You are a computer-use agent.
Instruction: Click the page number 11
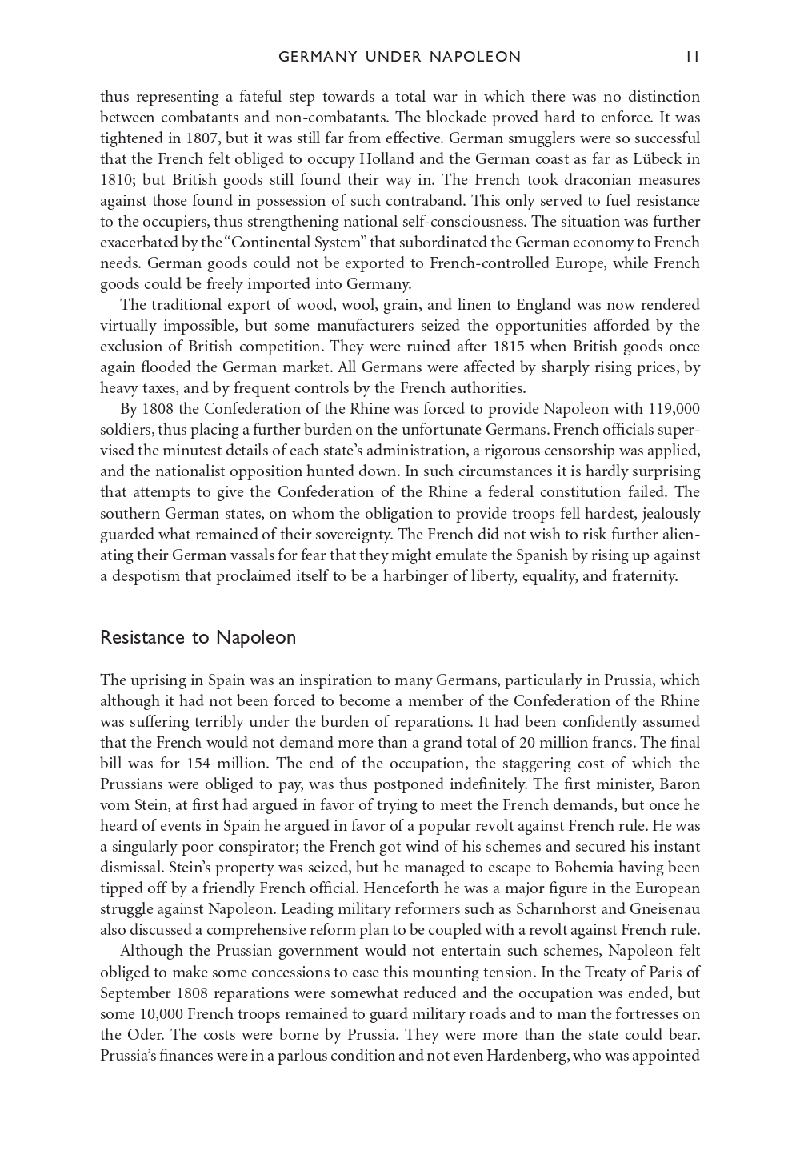[692, 57]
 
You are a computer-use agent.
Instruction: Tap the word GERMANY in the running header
[317, 57]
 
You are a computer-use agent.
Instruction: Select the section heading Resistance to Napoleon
[198, 638]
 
